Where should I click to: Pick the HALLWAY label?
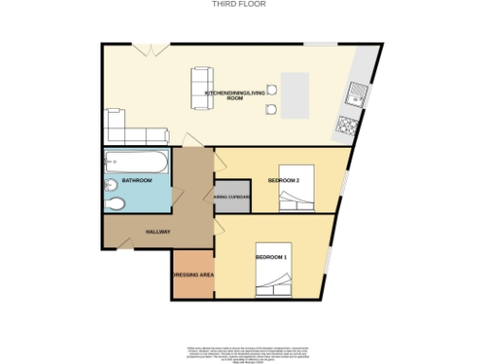pos(157,229)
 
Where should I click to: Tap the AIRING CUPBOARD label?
pos(232,197)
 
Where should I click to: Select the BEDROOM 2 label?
pos(283,180)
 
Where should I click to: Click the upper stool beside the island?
pos(271,89)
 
